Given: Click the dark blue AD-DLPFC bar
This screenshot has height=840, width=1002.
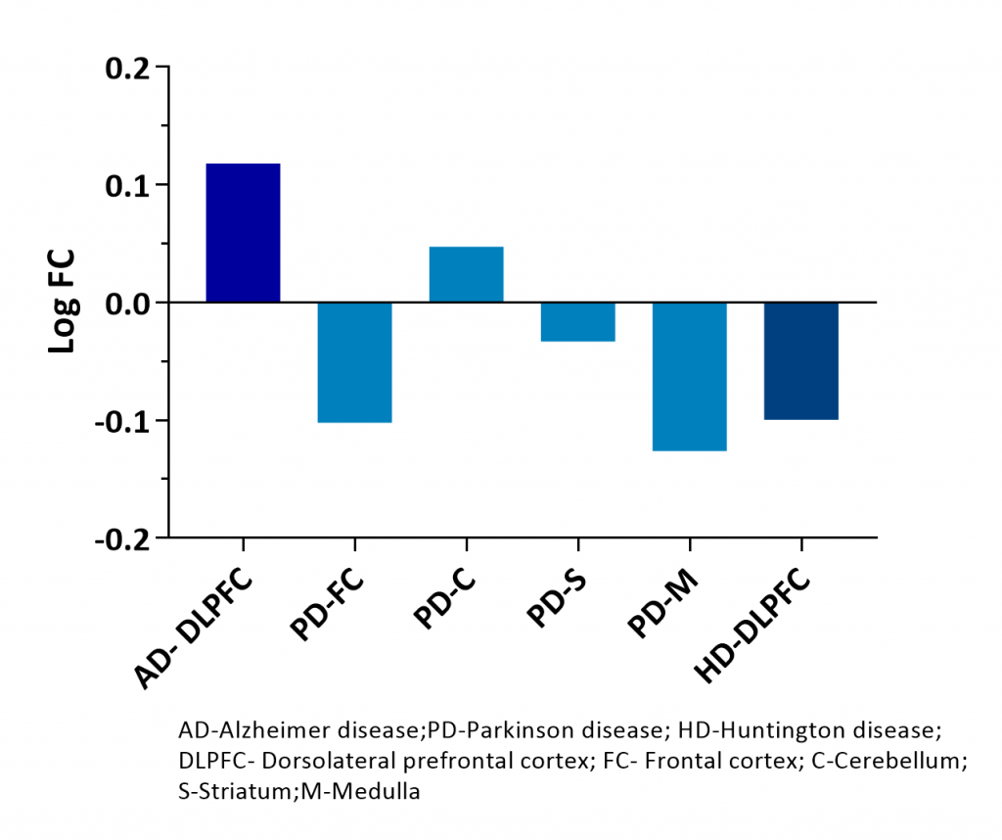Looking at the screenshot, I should click(x=243, y=233).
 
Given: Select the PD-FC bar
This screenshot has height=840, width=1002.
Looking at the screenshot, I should click(x=354, y=362).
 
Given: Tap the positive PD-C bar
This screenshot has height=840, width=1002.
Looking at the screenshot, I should click(x=466, y=274).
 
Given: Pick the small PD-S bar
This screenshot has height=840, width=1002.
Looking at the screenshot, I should click(x=577, y=321).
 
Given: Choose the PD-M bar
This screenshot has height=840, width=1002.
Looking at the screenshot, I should click(x=689, y=376).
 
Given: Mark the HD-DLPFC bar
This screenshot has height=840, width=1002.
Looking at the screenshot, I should click(x=800, y=360).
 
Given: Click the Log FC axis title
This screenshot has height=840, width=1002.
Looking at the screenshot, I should click(x=63, y=303).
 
